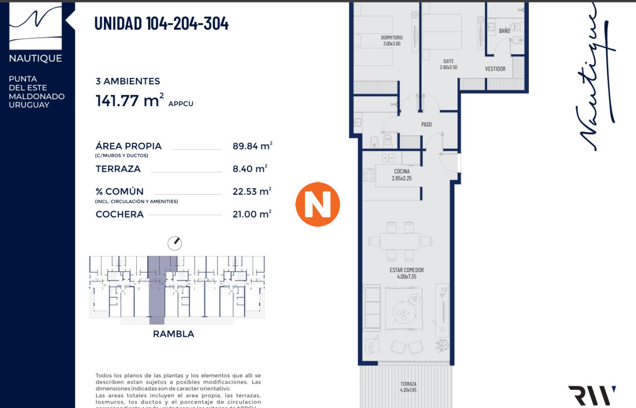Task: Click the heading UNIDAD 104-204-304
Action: (161, 23)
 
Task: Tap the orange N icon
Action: (317, 204)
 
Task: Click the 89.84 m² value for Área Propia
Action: (252, 146)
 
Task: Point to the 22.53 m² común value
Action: (252, 192)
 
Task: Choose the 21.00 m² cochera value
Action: (252, 214)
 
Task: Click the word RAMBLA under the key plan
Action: (173, 334)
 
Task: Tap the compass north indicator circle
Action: (174, 244)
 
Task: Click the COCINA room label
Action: (402, 171)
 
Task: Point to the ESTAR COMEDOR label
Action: (407, 270)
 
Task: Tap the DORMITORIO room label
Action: (392, 38)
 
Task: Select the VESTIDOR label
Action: (496, 69)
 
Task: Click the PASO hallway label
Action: (427, 125)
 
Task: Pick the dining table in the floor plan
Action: (400, 241)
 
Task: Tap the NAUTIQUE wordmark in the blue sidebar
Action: (36, 58)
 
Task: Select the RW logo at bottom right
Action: (592, 395)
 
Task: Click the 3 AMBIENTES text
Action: (128, 82)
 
